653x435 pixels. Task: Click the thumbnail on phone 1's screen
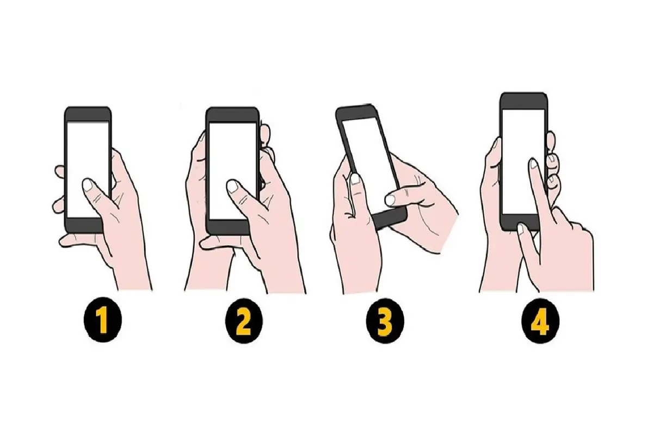[88, 185]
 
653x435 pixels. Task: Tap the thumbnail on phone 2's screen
[232, 186]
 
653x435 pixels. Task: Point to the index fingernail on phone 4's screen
[533, 164]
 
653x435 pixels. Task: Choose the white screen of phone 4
[523, 161]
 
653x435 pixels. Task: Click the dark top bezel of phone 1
[88, 114]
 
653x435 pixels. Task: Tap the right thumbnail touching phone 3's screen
[390, 200]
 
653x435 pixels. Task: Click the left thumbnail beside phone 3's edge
[355, 179]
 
